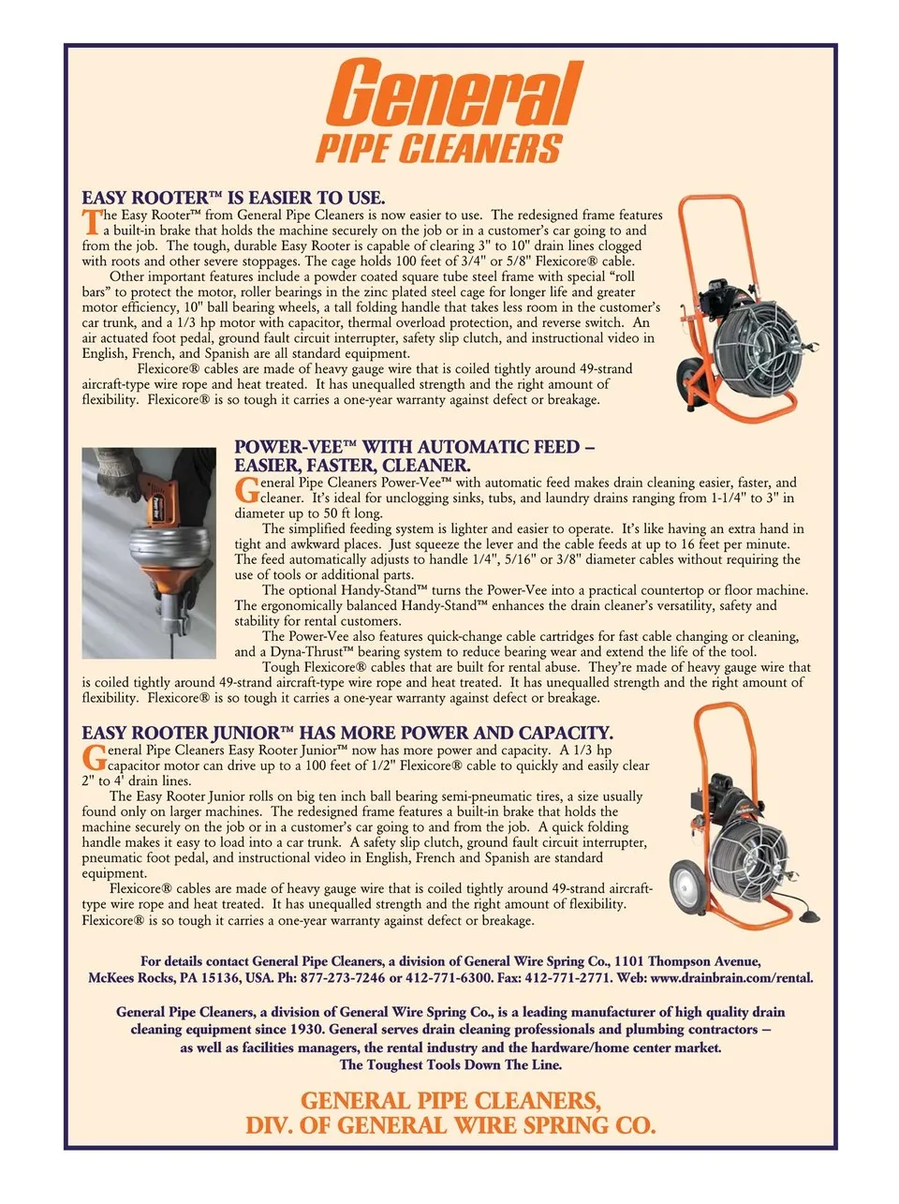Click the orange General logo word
pyautogui.click(x=454, y=93)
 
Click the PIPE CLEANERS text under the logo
pyautogui.click(x=439, y=148)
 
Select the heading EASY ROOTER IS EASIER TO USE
pyautogui.click(x=233, y=198)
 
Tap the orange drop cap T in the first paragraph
pyautogui.click(x=92, y=222)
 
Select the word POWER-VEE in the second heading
pyautogui.click(x=287, y=447)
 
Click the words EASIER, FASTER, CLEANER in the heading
pyautogui.click(x=352, y=465)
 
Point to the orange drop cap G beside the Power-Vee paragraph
pyautogui.click(x=246, y=490)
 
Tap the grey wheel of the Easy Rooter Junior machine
pyautogui.click(x=686, y=887)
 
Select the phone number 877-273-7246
pyautogui.click(x=342, y=978)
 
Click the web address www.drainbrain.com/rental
pyautogui.click(x=731, y=978)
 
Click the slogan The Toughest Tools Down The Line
pyautogui.click(x=450, y=1064)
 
